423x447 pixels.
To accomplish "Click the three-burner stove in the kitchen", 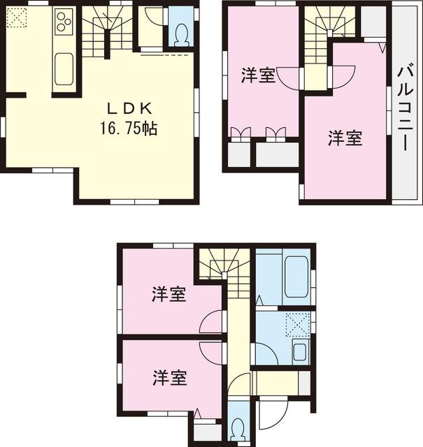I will (63, 22).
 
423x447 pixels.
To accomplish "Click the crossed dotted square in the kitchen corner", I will (17, 17).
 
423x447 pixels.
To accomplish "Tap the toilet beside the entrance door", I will (236, 425).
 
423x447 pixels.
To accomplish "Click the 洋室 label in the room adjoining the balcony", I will (345, 138).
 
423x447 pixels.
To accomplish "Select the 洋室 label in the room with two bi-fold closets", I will (258, 75).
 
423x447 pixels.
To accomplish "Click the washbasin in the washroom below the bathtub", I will (300, 351).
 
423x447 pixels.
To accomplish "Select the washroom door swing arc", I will (266, 353).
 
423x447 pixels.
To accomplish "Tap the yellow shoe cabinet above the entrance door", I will (275, 382).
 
